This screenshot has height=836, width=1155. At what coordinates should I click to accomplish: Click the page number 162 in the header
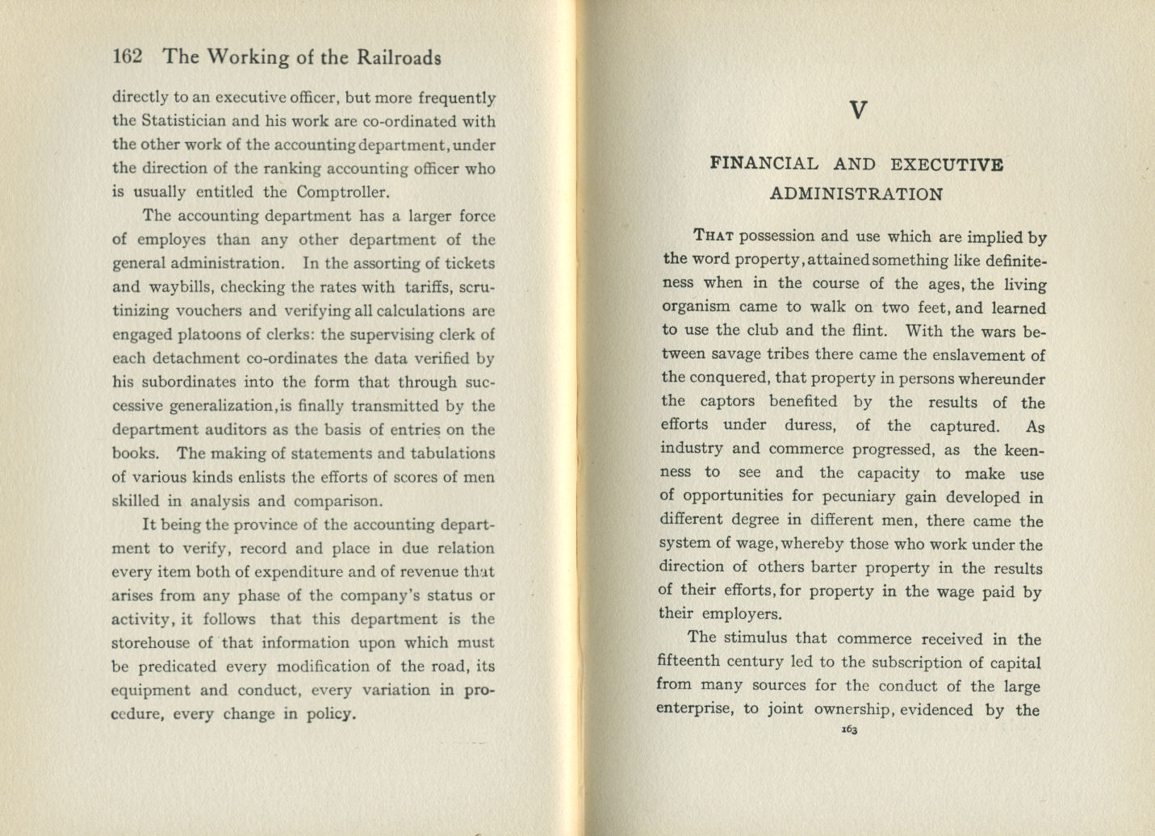(128, 56)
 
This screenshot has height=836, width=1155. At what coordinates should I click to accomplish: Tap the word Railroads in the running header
(400, 57)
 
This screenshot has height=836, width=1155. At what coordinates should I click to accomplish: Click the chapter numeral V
(858, 111)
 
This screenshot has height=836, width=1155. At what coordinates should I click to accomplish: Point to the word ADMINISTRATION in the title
(856, 194)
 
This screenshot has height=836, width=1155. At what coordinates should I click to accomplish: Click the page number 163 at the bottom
(849, 730)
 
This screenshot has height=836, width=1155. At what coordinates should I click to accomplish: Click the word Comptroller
(342, 192)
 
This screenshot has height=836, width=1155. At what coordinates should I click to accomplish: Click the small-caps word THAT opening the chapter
(713, 236)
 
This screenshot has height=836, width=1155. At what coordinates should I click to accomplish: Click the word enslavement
(977, 354)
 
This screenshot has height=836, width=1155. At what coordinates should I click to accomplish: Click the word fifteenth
(687, 663)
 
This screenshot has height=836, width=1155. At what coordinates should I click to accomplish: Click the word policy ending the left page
(331, 714)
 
